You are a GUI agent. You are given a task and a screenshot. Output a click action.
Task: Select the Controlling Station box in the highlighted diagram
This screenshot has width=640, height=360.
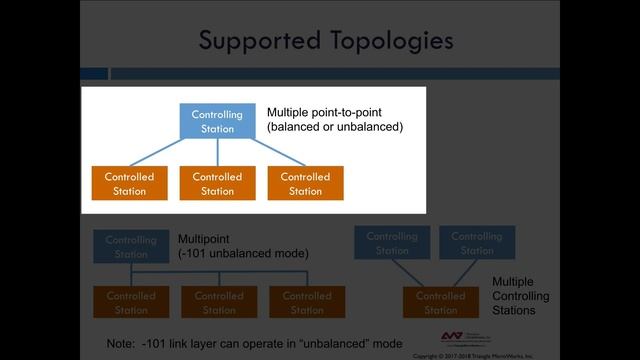point(217,121)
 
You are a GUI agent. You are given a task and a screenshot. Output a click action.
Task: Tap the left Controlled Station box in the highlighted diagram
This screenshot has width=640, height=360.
point(129,184)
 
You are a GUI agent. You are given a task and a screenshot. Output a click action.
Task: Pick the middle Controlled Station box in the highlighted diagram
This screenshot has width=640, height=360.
point(217,184)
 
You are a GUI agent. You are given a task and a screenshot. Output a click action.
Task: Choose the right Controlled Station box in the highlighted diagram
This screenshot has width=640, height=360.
point(305,184)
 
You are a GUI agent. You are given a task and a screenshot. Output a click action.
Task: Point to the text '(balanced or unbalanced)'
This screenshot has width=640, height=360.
point(335,128)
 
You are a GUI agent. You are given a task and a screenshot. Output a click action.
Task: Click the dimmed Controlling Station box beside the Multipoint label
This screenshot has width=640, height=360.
point(131,247)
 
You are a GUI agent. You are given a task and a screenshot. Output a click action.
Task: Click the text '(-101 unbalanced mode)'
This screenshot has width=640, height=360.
point(243,255)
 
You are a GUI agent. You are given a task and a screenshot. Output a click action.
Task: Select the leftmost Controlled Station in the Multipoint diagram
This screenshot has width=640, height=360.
point(131,303)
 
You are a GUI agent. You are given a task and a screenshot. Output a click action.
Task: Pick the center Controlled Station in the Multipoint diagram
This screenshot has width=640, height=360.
point(219,303)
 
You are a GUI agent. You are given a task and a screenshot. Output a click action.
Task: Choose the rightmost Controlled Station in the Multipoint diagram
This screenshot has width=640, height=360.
point(307,303)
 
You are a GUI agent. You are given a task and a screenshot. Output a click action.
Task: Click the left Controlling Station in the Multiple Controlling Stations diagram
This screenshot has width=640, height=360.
point(392,243)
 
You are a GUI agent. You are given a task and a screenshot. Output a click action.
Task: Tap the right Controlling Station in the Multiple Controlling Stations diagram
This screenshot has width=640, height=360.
point(477,243)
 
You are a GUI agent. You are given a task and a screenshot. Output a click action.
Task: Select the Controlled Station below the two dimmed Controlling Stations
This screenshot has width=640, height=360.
point(441,303)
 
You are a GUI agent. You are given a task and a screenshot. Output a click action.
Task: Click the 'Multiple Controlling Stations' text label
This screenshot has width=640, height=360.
point(520,297)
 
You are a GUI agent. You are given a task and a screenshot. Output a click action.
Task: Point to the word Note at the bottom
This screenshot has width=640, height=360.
point(120,344)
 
